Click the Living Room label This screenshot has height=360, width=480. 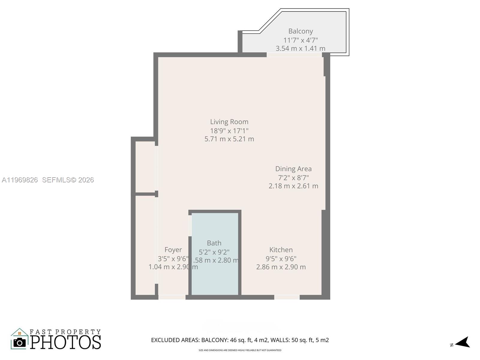point(229,122)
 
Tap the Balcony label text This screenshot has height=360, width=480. point(301,31)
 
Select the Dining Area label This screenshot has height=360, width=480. point(293,169)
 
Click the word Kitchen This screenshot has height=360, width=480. point(281,250)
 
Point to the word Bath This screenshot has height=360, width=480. point(214,243)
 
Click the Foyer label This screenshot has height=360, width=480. point(173,250)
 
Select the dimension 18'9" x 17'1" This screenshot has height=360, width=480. point(229,130)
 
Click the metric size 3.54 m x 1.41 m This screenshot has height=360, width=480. point(301,48)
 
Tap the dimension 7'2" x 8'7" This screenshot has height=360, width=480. point(293,177)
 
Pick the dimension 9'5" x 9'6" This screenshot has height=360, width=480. point(281,258)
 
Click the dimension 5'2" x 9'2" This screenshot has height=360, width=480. point(214,252)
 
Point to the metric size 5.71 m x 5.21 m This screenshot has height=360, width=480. point(229,139)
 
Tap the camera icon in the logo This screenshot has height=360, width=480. point(20,342)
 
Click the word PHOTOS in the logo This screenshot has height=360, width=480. point(65,342)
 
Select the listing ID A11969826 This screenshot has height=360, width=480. point(20,180)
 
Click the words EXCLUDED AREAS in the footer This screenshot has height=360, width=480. point(175,340)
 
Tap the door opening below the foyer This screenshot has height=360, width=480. point(172,297)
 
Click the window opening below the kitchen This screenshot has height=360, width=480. point(287,297)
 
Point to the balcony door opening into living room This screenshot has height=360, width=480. point(294,55)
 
